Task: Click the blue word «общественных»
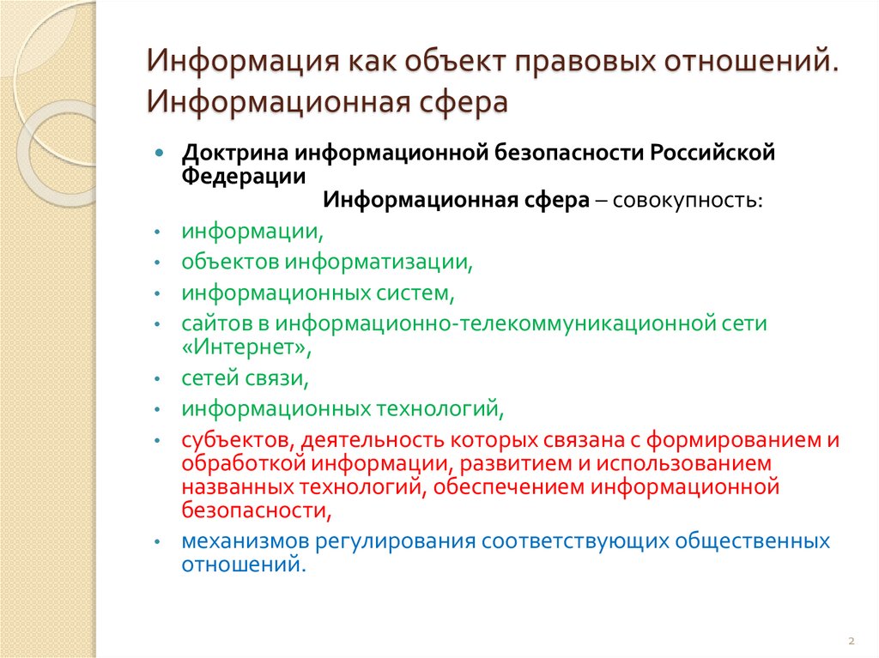753,541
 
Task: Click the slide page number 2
850,641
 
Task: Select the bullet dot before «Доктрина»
159,152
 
